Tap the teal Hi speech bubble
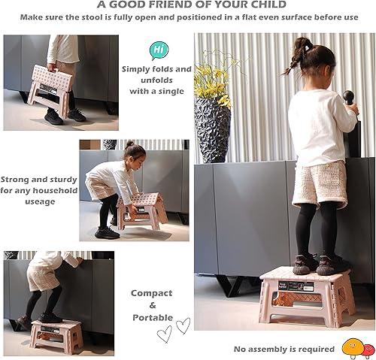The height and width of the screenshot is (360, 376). tap(159, 50)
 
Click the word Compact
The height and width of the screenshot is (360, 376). tap(151, 293)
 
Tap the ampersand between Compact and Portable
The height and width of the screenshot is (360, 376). tap(151, 305)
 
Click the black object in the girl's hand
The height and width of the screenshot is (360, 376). tap(348, 98)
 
